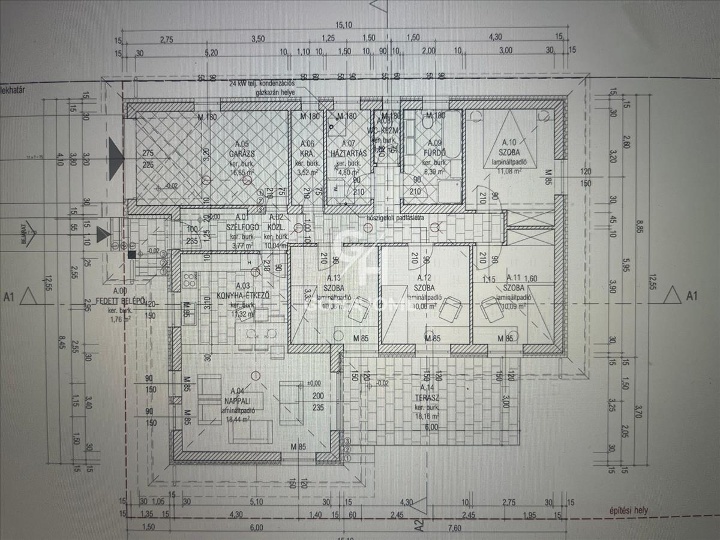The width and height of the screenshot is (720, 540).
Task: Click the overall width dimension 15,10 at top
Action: (x=343, y=25)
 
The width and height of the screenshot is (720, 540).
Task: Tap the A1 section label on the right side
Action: (x=692, y=295)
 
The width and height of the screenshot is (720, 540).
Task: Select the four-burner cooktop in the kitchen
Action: (x=189, y=279)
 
